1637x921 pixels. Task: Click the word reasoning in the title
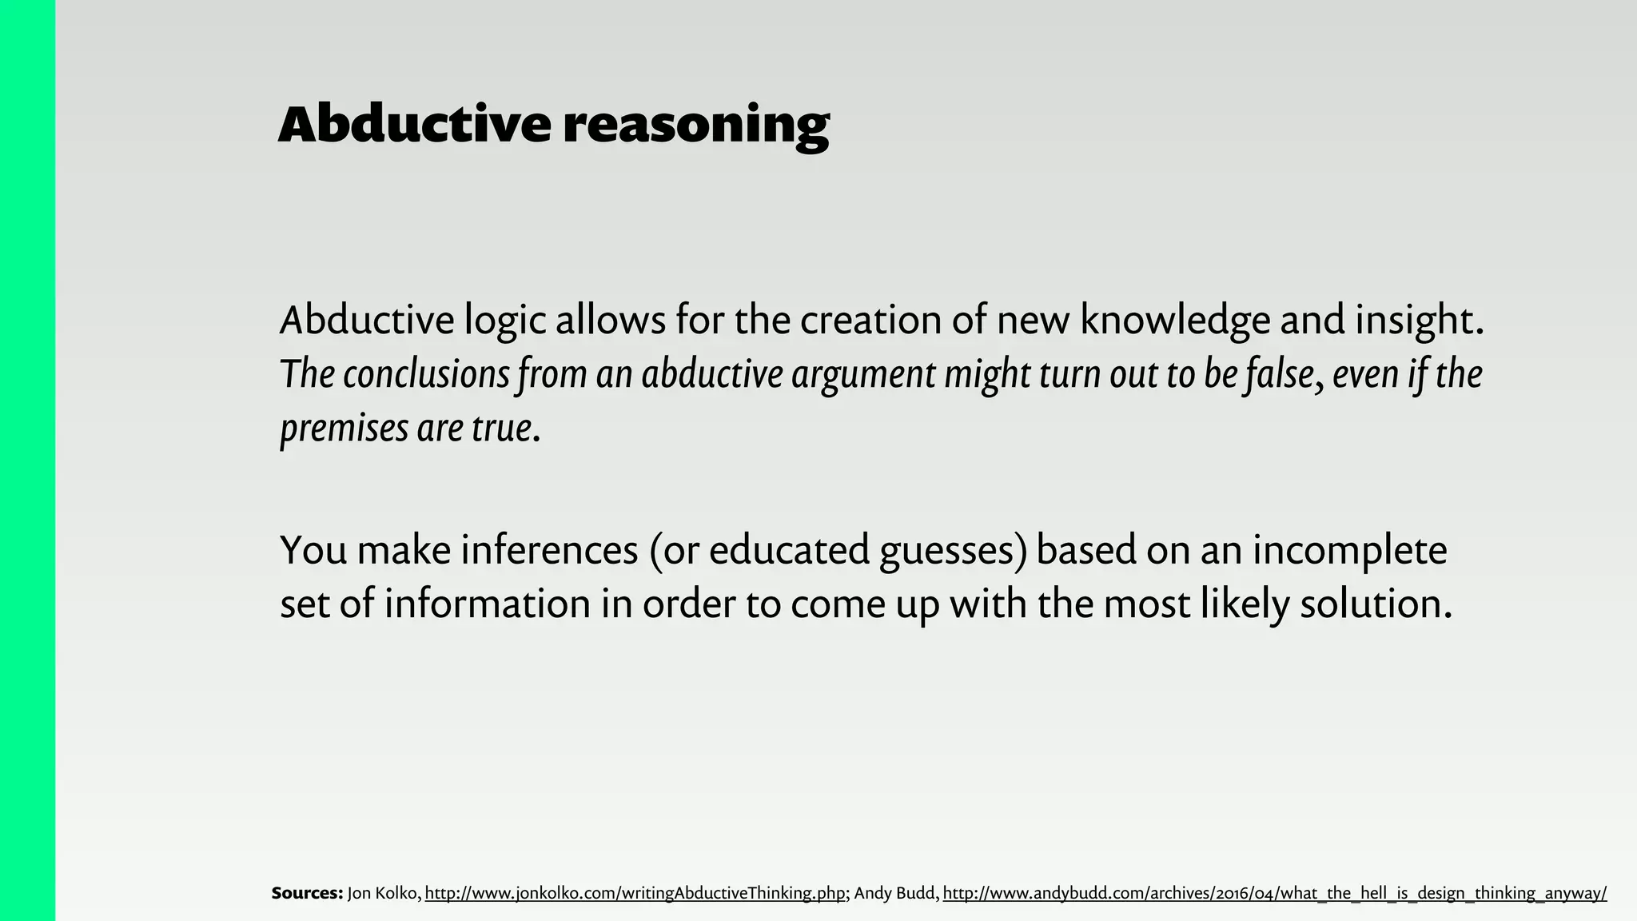[x=695, y=126]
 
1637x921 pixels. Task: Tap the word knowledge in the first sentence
[x=1174, y=321]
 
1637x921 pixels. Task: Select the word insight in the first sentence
[x=1419, y=321]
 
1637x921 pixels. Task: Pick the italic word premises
[x=344, y=429]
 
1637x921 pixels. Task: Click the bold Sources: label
[x=307, y=893]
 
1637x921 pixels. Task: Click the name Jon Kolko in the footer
[x=383, y=893]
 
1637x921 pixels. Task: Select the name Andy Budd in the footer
[x=896, y=893]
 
